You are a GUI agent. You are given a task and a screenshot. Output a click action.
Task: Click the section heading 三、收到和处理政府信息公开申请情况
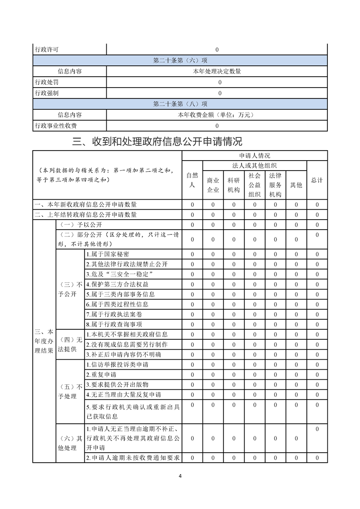(157, 142)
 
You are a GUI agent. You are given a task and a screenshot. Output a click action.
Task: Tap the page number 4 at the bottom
(180, 476)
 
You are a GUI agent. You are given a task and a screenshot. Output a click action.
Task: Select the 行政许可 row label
(46, 49)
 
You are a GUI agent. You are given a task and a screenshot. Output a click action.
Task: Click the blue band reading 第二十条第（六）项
(180, 60)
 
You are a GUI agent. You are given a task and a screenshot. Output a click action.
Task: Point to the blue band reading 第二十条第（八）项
(180, 104)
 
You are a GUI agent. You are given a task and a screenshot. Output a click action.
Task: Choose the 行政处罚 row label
(46, 83)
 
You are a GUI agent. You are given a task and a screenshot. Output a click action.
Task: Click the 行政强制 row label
(46, 93)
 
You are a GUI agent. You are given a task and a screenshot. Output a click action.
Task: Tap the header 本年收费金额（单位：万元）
(217, 115)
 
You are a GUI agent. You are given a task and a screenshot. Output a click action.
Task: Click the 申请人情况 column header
(255, 156)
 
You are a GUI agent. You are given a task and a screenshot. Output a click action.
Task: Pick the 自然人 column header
(192, 180)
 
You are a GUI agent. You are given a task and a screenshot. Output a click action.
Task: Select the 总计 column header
(317, 180)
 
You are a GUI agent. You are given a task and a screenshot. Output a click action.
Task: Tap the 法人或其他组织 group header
(255, 166)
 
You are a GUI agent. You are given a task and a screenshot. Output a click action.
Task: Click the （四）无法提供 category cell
(70, 344)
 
